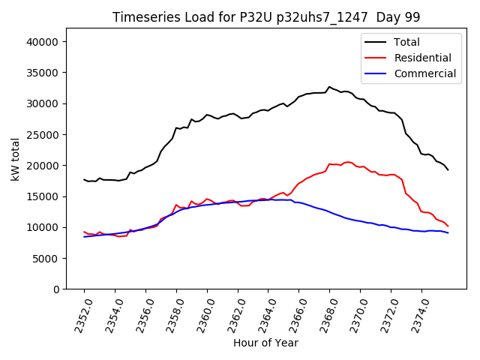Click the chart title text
click(x=266, y=17)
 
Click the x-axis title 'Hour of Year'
click(x=266, y=343)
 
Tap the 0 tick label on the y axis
click(x=57, y=289)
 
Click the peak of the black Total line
click(x=328, y=87)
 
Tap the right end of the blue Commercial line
click(x=448, y=233)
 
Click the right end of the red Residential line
click(x=448, y=226)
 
